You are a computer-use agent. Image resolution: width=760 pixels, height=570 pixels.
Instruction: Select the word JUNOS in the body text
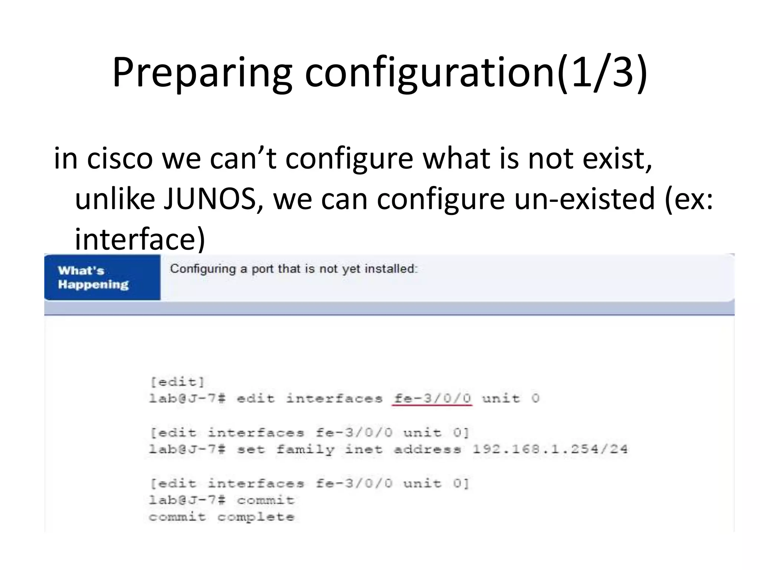coord(210,199)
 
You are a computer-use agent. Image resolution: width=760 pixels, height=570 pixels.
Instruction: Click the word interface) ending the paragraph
coord(140,239)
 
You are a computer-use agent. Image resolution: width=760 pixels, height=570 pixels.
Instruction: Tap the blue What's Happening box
coord(102,277)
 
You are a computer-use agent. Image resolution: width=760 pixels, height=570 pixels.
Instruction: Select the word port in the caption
coord(263,269)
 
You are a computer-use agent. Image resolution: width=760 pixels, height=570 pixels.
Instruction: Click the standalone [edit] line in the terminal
coord(177,382)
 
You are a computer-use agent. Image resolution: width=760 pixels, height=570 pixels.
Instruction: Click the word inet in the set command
coord(364,449)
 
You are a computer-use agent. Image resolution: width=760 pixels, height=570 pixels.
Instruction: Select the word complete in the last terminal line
coord(256,517)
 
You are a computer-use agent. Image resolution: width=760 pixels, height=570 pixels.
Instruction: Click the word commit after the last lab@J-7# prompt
coord(266,500)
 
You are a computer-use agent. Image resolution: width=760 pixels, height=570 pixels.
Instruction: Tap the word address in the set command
coord(427,449)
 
